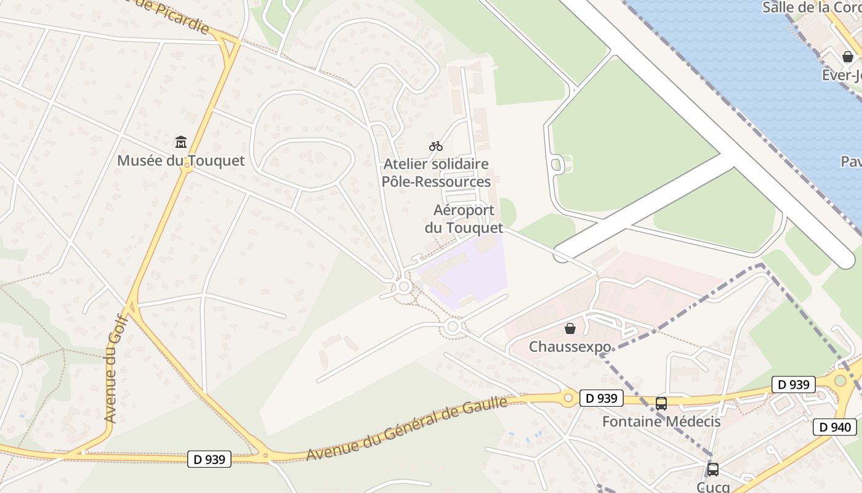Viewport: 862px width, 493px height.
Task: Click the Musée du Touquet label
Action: (181, 161)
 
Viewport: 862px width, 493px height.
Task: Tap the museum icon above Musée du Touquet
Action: (181, 142)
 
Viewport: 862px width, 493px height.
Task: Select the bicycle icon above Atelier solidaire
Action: (436, 146)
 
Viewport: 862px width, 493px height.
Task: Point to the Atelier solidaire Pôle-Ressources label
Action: (436, 173)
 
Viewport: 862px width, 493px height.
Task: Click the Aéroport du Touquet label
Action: (464, 219)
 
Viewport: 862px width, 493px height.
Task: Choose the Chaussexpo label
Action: (570, 346)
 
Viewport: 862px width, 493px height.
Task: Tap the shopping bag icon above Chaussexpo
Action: (570, 328)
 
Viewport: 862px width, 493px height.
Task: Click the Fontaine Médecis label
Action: (661, 422)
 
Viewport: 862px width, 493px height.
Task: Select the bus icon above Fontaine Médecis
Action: (661, 404)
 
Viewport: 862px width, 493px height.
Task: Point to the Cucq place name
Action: (713, 487)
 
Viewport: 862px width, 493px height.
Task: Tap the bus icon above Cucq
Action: (713, 470)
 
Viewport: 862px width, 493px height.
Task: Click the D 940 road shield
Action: (835, 427)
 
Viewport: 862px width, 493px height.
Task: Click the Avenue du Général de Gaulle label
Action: (406, 429)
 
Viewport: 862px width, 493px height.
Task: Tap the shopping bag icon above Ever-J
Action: (848, 57)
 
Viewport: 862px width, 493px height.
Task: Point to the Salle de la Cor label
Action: (812, 8)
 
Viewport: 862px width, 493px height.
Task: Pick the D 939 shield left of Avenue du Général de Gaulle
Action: (209, 459)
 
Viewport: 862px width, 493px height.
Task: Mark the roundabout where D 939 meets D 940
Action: (840, 380)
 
